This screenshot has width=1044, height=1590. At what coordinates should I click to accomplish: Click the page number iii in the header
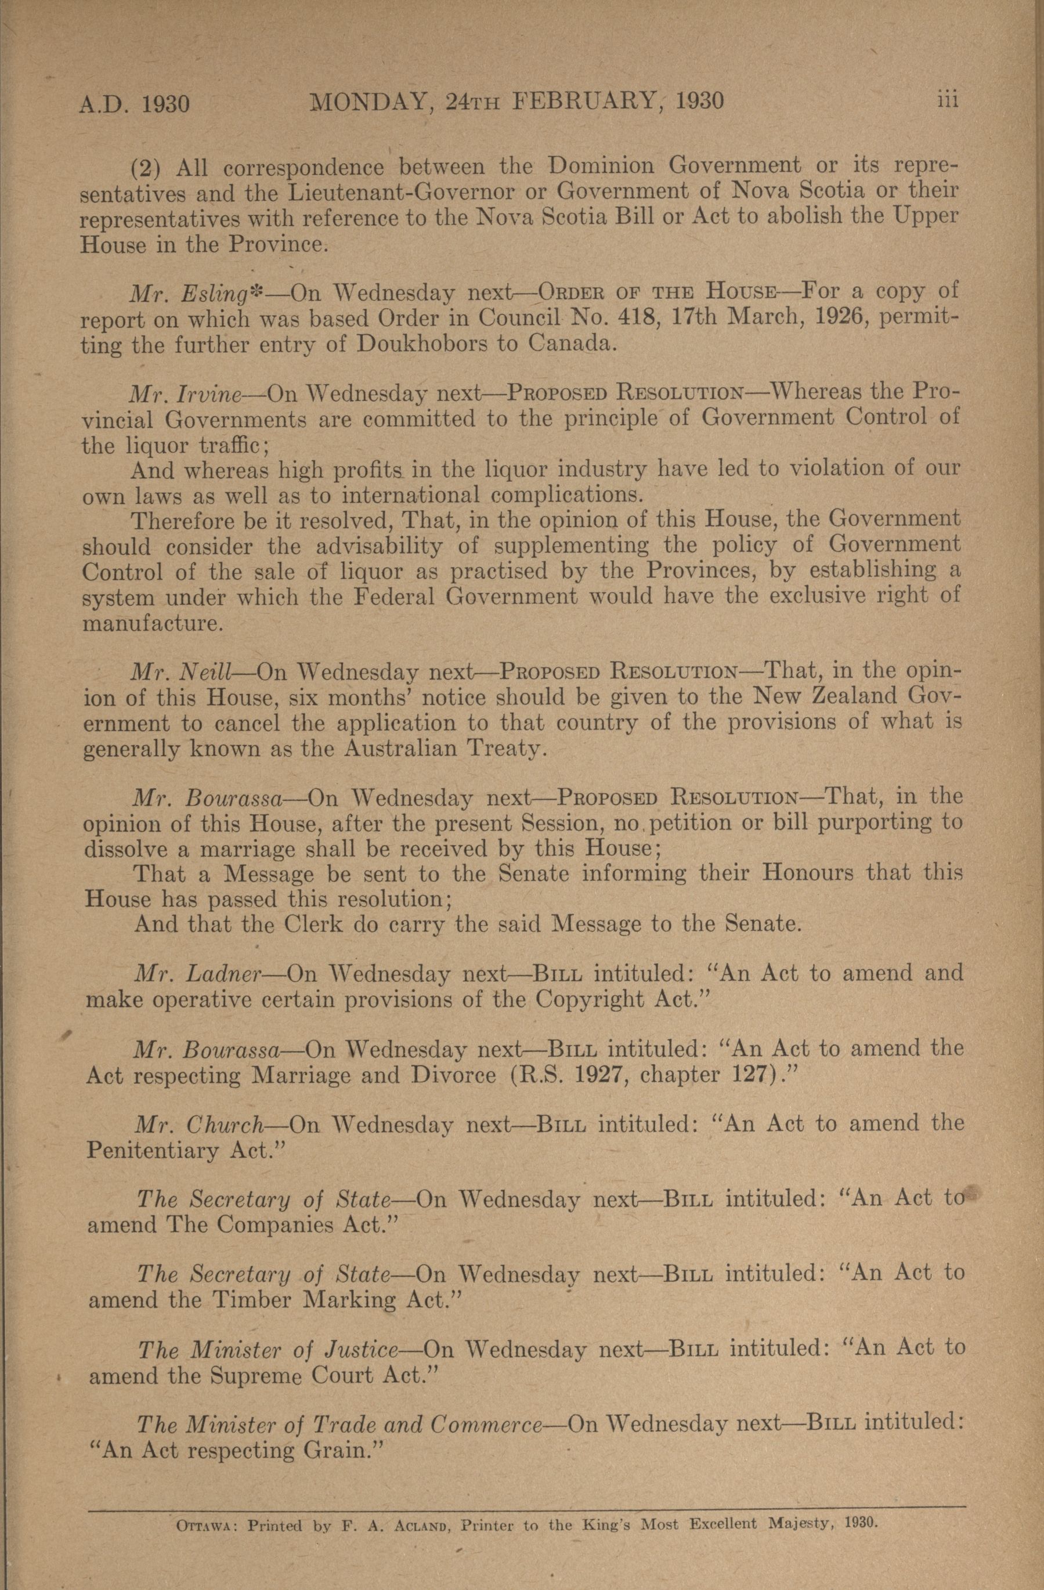coord(947,100)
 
